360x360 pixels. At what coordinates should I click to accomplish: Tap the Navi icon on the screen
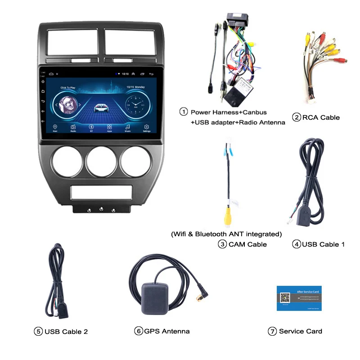pyautogui.click(x=55, y=127)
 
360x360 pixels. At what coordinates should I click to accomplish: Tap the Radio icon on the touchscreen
pyautogui.click(x=73, y=127)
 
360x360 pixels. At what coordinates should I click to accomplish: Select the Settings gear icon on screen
pyautogui.click(x=146, y=127)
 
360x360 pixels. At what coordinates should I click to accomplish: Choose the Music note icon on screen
pyautogui.click(x=128, y=127)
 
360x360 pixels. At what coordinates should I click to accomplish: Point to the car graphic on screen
pyautogui.click(x=100, y=108)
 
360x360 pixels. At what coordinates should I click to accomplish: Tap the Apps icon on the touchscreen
pyautogui.click(x=109, y=127)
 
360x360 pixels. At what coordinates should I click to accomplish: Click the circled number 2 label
pyautogui.click(x=297, y=118)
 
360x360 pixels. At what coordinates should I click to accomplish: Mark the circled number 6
pyautogui.click(x=139, y=331)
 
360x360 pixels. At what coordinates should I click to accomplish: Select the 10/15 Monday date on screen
pyautogui.click(x=135, y=86)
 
